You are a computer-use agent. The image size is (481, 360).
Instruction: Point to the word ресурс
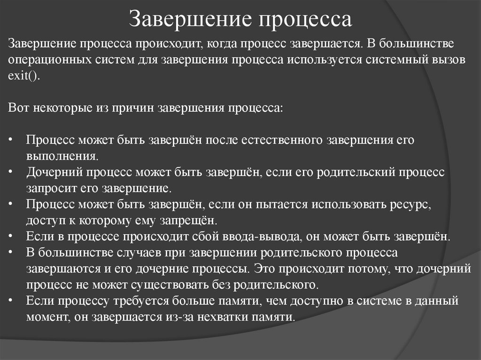coord(409,204)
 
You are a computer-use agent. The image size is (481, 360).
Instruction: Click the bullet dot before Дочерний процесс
coord(11,172)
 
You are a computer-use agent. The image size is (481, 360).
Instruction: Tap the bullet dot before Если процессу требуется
coord(11,300)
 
